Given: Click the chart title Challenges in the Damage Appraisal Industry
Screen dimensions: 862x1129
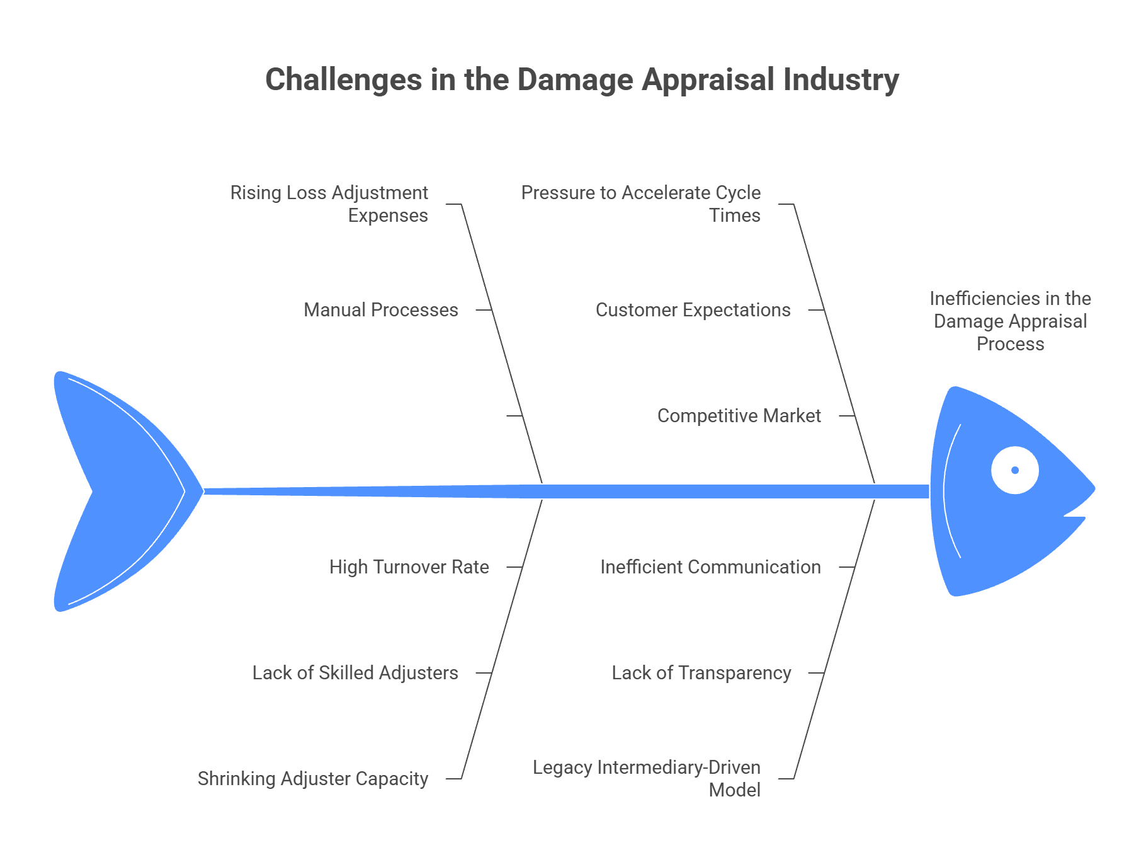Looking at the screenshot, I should click(581, 80).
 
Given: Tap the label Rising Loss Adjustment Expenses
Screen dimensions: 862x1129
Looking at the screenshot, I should click(329, 204).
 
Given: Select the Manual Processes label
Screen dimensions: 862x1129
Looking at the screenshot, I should click(380, 310).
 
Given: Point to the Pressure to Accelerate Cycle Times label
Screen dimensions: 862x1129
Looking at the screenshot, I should click(640, 204).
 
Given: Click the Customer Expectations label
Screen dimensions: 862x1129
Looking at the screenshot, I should click(693, 310).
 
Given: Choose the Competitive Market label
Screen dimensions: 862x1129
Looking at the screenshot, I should click(739, 416).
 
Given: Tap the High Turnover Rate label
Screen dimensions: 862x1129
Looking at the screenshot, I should click(409, 567).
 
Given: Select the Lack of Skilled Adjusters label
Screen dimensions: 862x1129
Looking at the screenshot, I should click(355, 673).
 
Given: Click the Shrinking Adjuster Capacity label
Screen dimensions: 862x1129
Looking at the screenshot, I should click(312, 779).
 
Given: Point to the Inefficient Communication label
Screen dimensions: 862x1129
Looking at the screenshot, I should click(710, 567).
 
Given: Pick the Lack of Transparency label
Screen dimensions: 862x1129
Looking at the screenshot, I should click(701, 673).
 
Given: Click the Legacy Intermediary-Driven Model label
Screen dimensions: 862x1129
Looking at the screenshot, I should click(647, 778).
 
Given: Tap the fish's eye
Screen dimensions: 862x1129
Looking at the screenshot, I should click(1014, 470).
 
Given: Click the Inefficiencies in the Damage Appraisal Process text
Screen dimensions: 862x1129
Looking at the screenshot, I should click(1010, 321).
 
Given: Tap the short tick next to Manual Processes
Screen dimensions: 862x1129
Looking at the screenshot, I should click(483, 310).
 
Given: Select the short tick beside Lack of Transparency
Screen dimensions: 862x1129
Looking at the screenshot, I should click(816, 673).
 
